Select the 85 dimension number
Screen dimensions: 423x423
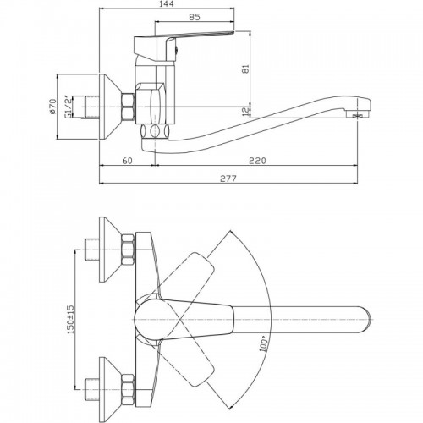coord(195,17)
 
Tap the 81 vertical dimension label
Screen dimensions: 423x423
coord(246,69)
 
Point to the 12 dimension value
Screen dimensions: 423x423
coord(246,112)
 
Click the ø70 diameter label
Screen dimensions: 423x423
coord(53,107)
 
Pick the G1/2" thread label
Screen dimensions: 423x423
coord(68,107)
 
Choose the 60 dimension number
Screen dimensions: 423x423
coord(127,161)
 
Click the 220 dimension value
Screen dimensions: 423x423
coord(257,161)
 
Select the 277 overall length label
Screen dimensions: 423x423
coord(228,179)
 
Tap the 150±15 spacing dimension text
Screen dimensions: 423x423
coord(70,319)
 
